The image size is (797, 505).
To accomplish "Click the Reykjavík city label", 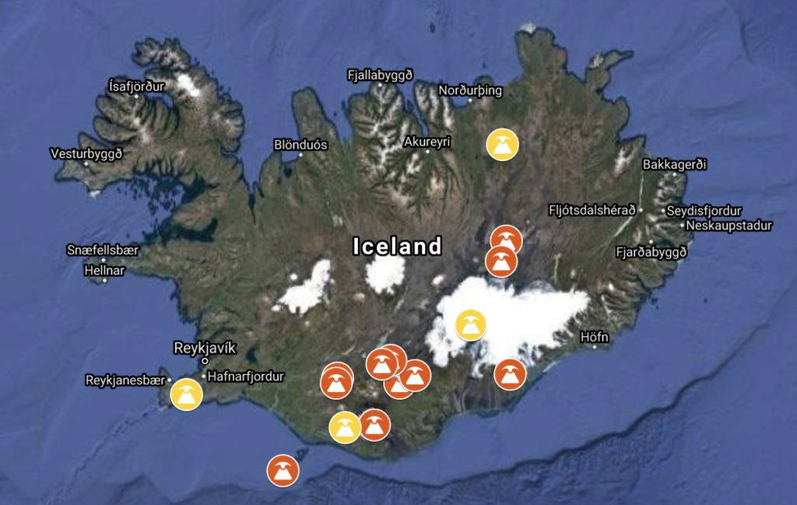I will point(204,348).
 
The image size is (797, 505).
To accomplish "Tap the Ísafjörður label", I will point(137,86).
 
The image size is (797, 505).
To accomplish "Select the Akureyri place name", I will point(427,142).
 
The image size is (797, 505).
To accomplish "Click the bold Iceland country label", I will point(397,247).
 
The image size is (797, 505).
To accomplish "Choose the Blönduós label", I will point(301,145).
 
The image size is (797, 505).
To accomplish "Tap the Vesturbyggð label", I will point(86,153).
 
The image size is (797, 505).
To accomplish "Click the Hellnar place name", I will point(104,270).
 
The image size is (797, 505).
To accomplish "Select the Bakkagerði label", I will point(675,165).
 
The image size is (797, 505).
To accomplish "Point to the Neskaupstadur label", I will point(729,226).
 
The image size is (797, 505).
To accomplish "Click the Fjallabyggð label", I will point(379,75).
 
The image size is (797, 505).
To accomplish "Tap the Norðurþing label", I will point(470,90).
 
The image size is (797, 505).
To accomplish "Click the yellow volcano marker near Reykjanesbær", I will point(186,395).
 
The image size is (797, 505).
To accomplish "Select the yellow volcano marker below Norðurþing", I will point(502,144).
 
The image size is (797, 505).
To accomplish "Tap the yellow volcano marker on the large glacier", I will point(471,325).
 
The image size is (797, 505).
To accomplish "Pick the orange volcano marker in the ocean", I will point(283,470).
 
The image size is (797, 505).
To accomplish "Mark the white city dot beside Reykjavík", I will point(205,361).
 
